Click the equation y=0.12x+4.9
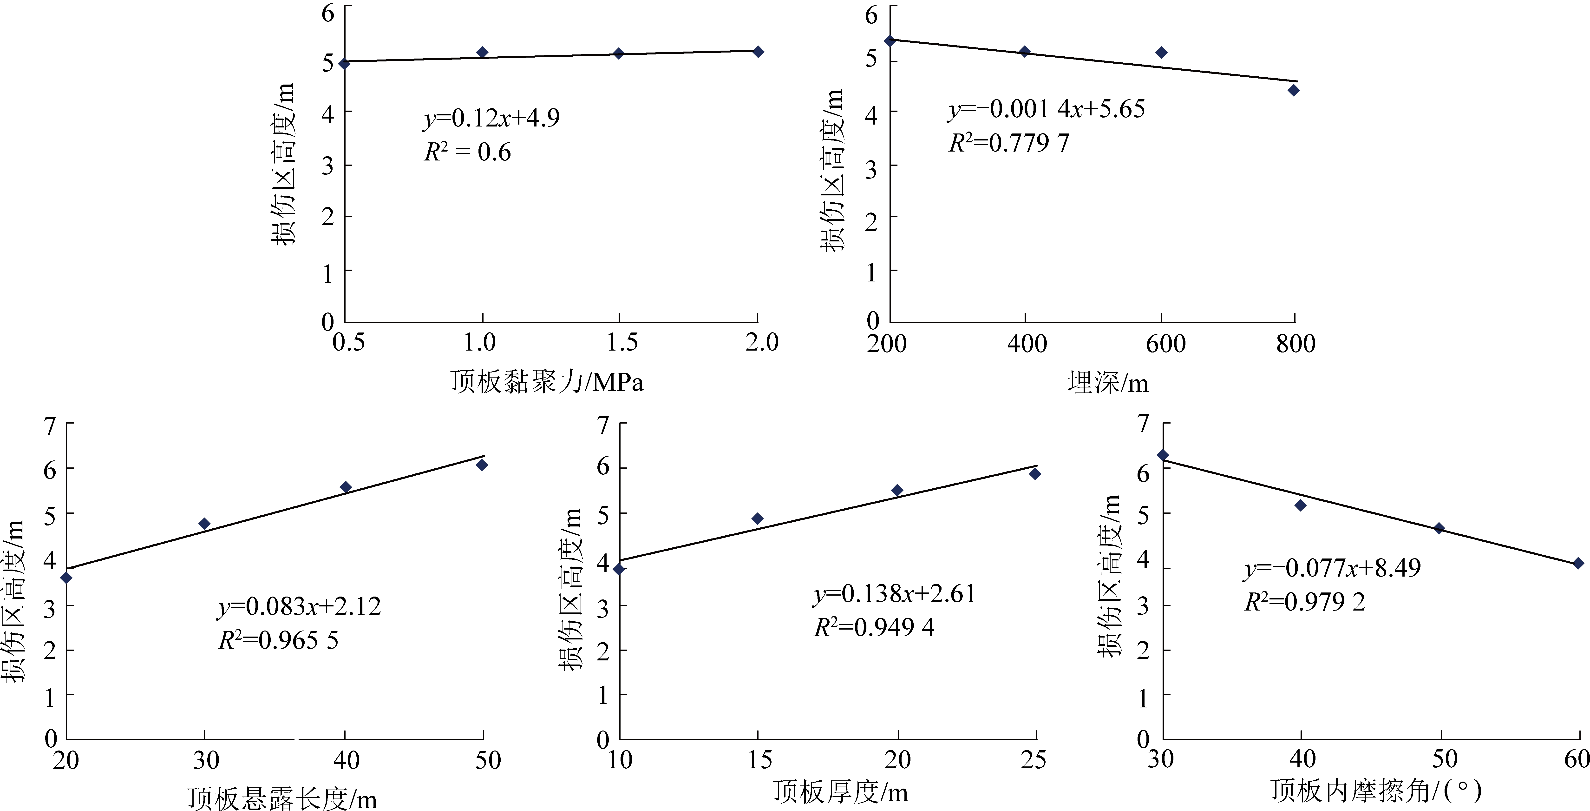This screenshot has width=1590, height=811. pyautogui.click(x=491, y=118)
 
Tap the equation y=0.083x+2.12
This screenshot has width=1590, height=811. pyautogui.click(x=299, y=606)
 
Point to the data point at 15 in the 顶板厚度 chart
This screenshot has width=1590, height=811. pyautogui.click(x=757, y=519)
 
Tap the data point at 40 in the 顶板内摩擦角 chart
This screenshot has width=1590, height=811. pyautogui.click(x=1301, y=505)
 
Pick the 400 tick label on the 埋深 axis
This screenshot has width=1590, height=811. pyautogui.click(x=1027, y=343)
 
